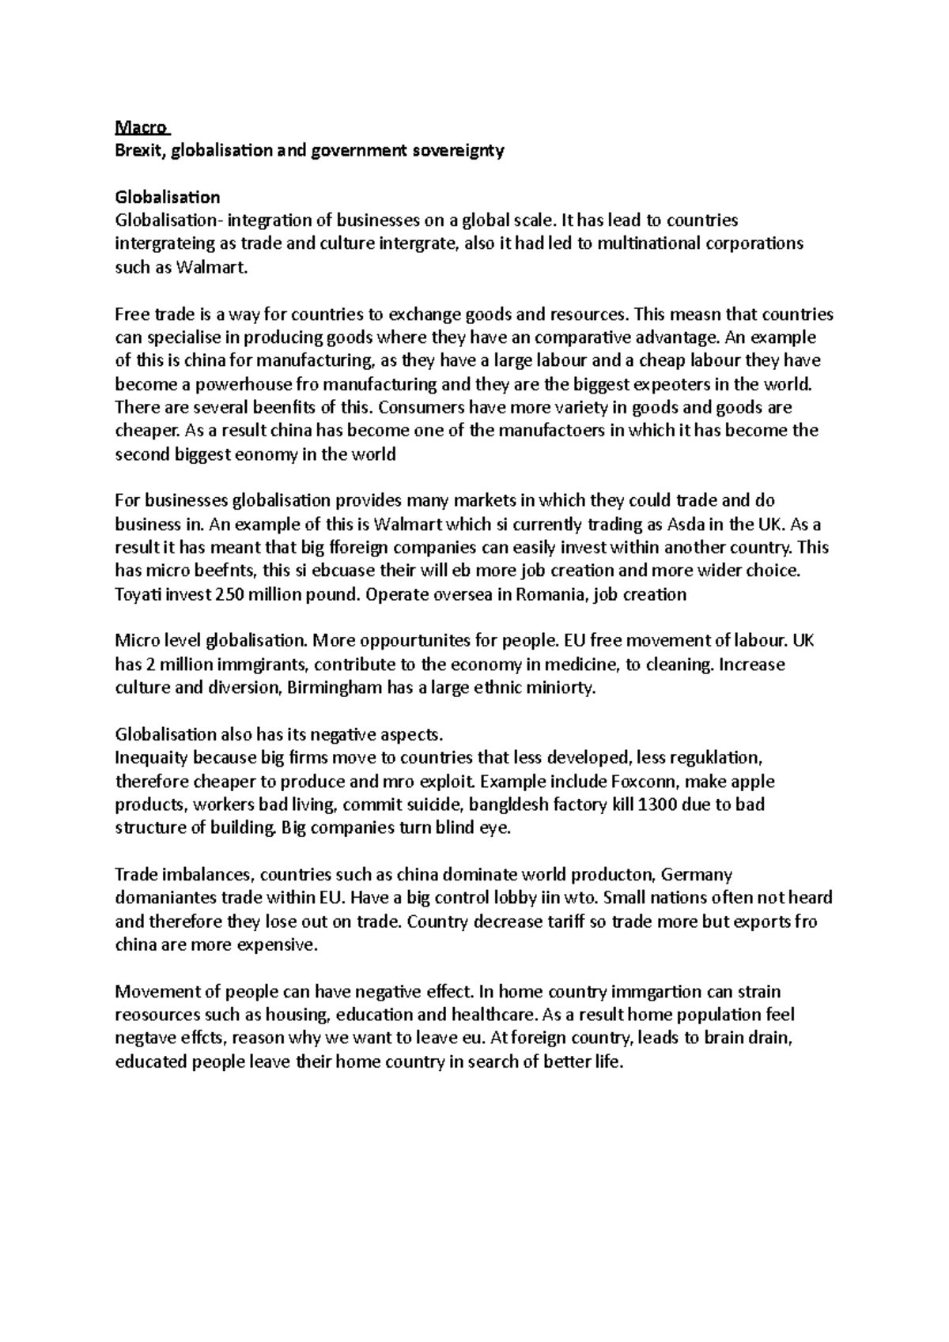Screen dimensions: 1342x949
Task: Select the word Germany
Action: pyautogui.click(x=697, y=875)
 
